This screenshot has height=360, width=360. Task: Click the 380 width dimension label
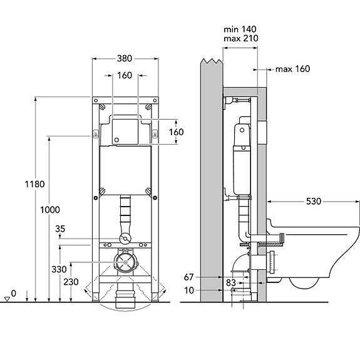125,59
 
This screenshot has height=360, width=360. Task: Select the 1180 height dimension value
34,184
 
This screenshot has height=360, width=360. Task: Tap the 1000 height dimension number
50,210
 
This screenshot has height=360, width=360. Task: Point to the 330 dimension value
59,269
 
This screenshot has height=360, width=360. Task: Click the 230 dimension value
71,282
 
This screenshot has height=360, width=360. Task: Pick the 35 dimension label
60,229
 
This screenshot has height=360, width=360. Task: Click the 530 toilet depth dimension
314,202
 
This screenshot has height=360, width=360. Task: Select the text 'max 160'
293,69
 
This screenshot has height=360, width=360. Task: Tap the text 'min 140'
240,29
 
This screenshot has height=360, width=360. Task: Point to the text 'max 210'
241,38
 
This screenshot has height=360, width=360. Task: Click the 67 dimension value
188,277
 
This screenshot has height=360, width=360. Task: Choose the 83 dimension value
231,283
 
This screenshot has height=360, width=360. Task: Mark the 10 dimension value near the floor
189,291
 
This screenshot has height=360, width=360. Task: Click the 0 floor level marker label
14,294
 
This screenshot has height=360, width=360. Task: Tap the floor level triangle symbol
8,299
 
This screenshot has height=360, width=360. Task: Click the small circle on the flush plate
116,140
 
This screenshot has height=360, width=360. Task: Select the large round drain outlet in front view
125,262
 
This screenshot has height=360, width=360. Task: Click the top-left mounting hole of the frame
96,101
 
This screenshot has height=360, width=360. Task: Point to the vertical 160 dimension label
177,132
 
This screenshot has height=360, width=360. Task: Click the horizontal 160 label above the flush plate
125,76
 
